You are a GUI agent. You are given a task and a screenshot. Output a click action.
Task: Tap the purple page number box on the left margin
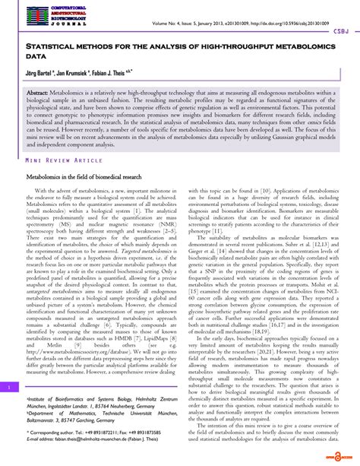[8, 386]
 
